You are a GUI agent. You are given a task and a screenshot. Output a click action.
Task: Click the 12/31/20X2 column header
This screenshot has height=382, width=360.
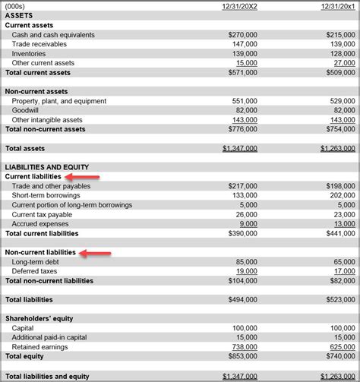pyautogui.click(x=238, y=6)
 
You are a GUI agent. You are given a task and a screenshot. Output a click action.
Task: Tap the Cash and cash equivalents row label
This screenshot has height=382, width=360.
pyautogui.click(x=53, y=35)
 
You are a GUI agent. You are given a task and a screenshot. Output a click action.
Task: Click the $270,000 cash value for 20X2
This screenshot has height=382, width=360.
pyautogui.click(x=242, y=35)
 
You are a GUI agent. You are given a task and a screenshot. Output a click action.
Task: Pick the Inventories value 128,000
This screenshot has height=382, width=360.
pyautogui.click(x=340, y=54)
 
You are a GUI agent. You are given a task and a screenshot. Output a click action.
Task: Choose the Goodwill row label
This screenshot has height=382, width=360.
pyautogui.click(x=25, y=110)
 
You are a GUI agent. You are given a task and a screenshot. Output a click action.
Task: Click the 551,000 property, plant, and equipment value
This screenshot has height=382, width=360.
pyautogui.click(x=245, y=101)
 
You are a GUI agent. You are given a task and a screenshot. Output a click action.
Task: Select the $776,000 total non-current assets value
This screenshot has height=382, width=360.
pyautogui.click(x=242, y=129)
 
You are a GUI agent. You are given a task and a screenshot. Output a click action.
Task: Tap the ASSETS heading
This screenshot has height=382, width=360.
pyautogui.click(x=18, y=16)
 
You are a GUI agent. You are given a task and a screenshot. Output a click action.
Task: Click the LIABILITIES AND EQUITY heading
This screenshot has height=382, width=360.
pyautogui.click(x=46, y=167)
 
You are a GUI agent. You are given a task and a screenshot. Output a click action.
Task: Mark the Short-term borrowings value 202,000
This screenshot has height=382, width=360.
pyautogui.click(x=340, y=195)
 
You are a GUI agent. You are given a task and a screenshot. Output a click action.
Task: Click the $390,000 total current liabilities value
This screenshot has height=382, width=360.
pyautogui.click(x=242, y=233)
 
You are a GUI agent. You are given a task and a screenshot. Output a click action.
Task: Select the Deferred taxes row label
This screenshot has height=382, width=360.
pyautogui.click(x=35, y=271)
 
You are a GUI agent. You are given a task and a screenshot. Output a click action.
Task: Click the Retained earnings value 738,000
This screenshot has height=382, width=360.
pyautogui.click(x=245, y=346)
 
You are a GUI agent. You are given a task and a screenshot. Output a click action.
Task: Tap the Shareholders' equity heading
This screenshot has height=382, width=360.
pyautogui.click(x=39, y=318)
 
